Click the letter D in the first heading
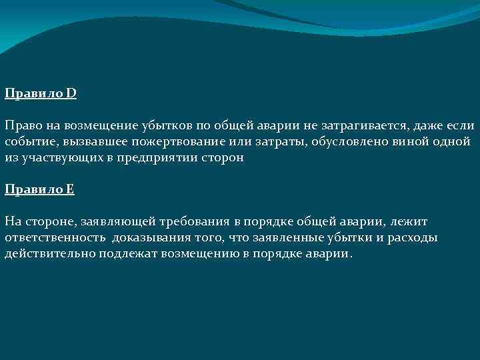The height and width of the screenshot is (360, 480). (71, 93)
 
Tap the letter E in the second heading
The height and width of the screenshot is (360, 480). (71, 189)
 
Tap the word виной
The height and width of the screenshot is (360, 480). (415, 142)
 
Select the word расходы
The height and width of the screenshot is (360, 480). (414, 237)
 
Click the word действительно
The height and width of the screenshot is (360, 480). (50, 253)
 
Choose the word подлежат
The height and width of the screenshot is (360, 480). (129, 253)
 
